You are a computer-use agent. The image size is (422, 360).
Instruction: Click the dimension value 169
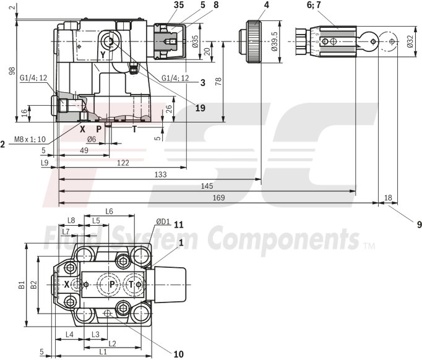click(219, 197)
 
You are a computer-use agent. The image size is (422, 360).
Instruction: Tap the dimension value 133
click(160, 175)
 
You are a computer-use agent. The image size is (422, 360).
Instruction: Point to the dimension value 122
click(123, 162)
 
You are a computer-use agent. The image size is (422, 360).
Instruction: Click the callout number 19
click(200, 108)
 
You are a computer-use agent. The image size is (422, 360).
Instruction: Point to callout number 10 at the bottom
click(178, 354)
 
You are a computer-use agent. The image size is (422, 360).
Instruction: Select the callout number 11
click(179, 224)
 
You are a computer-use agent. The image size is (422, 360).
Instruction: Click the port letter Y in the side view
click(103, 55)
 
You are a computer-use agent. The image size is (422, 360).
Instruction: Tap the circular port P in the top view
click(112, 284)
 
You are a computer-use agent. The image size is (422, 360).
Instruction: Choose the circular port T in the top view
click(132, 284)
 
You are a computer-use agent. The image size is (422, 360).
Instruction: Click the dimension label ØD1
click(163, 221)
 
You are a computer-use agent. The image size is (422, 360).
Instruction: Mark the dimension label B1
click(22, 285)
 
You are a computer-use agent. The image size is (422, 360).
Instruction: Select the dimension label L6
click(109, 211)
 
